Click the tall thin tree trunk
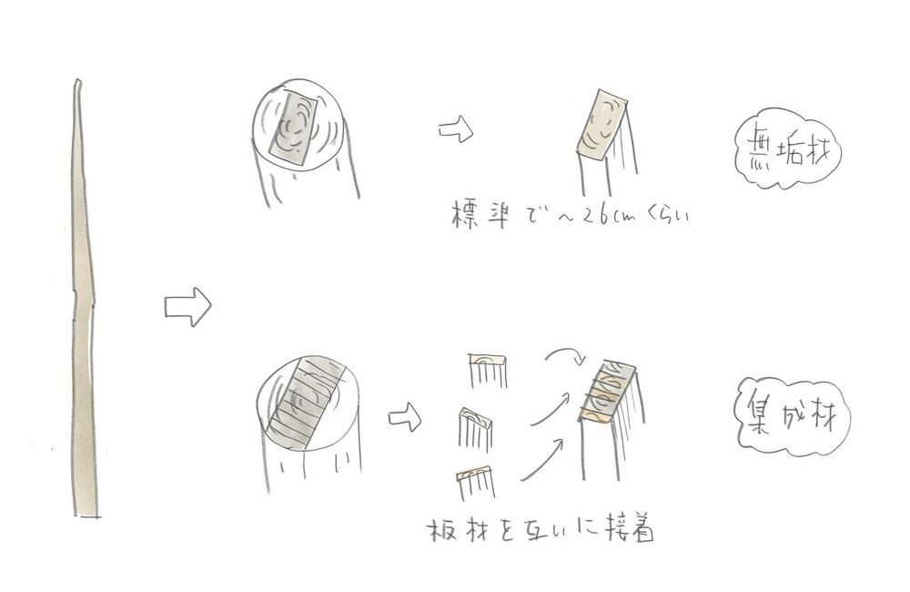tap(83, 301)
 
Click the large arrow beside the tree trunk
tap(187, 307)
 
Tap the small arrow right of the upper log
tap(456, 130)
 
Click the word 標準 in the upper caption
tap(480, 217)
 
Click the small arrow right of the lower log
tap(404, 419)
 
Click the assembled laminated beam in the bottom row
tap(607, 393)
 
